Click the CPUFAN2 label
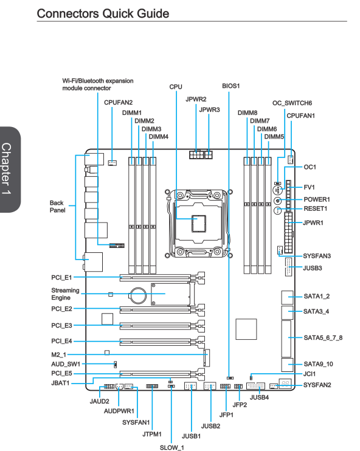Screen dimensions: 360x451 tap(118, 102)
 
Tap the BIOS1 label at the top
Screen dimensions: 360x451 tap(231, 86)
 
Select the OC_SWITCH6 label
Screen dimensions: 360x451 tap(292, 103)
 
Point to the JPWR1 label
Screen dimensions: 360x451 tap(313, 223)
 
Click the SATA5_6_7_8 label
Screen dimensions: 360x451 tap(323, 338)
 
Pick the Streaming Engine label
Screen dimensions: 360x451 tap(65, 294)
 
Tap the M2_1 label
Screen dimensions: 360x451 tap(59, 354)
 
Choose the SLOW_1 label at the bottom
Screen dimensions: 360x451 tap(172, 447)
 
